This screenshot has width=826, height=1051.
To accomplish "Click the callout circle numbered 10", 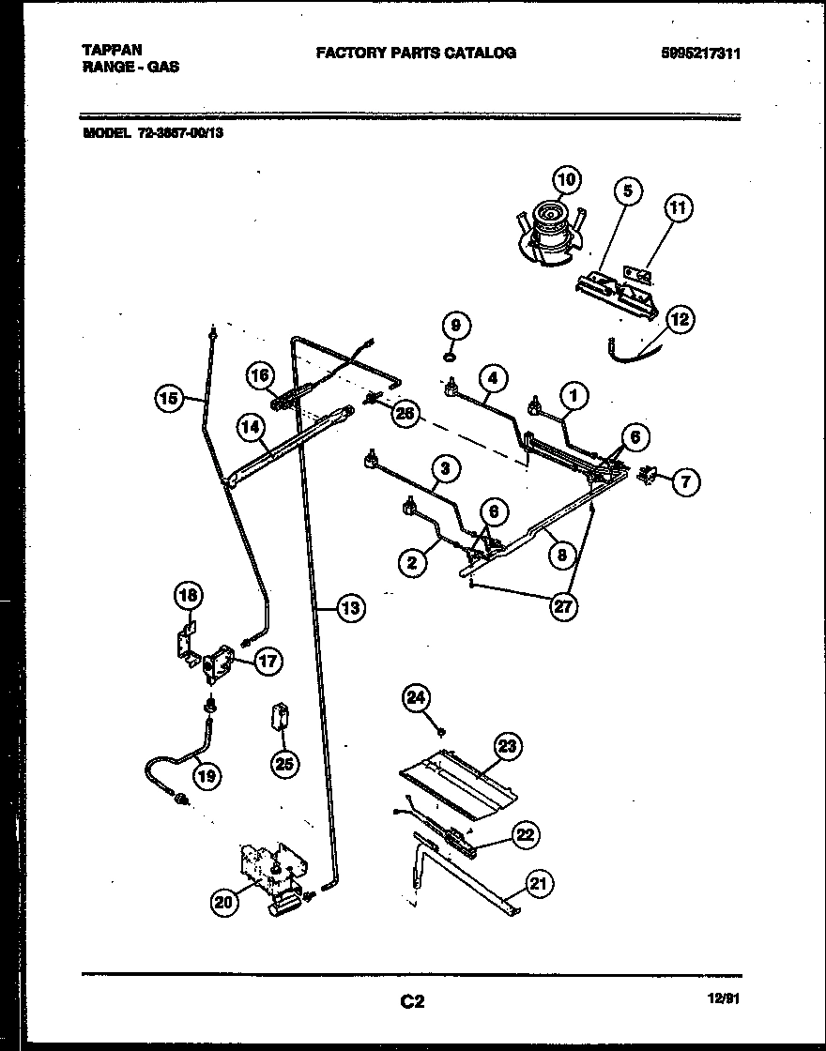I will (x=565, y=178).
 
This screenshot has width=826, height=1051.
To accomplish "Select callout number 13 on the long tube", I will (x=349, y=608).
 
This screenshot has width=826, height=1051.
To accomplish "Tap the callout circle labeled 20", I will (x=223, y=903).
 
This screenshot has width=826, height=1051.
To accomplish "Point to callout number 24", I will (x=417, y=697).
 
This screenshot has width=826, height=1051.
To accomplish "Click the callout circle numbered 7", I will (x=686, y=482).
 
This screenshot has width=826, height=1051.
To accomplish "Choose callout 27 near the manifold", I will (x=562, y=605).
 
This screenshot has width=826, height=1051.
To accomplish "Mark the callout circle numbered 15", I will (x=167, y=399).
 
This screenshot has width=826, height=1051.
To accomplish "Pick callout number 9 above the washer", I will (x=454, y=326).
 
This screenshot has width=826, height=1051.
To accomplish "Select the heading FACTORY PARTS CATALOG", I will (x=415, y=53).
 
